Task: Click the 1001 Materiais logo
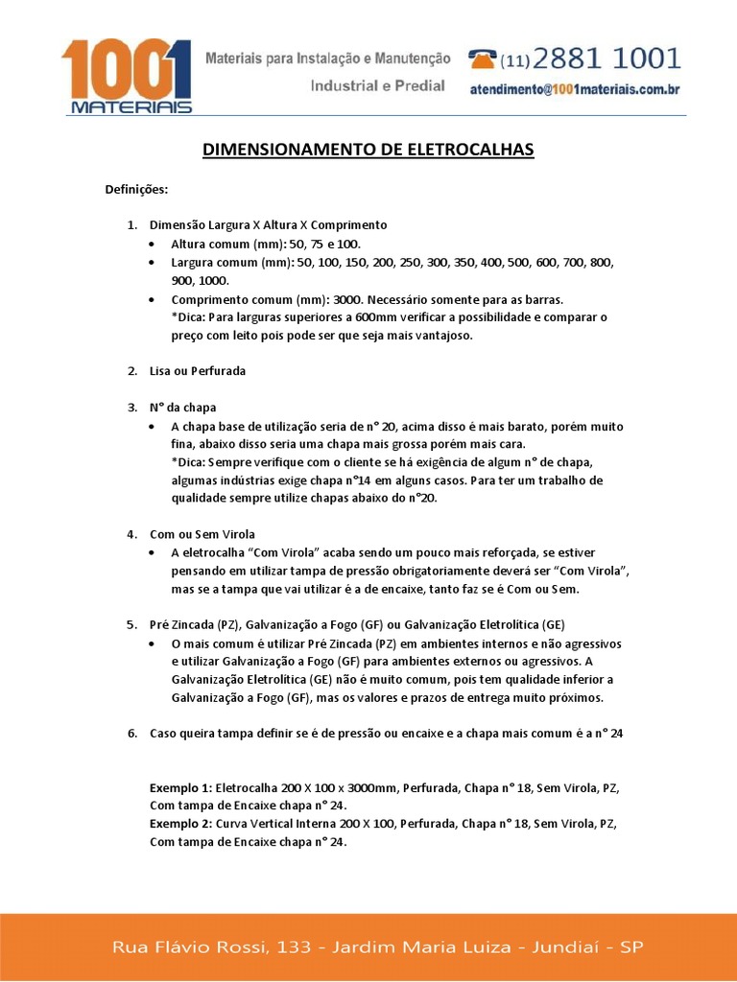[126, 77]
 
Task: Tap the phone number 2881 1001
[607, 59]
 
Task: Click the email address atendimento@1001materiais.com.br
[575, 89]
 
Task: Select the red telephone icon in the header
[483, 59]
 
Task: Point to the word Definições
[136, 189]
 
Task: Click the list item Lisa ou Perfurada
[198, 370]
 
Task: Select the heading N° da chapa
[183, 407]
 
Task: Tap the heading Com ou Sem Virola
[202, 533]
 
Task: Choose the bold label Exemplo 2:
[182, 824]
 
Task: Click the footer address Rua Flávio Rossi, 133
[212, 947]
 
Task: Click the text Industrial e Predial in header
[377, 85]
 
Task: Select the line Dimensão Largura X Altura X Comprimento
[269, 224]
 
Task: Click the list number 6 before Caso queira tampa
[131, 734]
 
